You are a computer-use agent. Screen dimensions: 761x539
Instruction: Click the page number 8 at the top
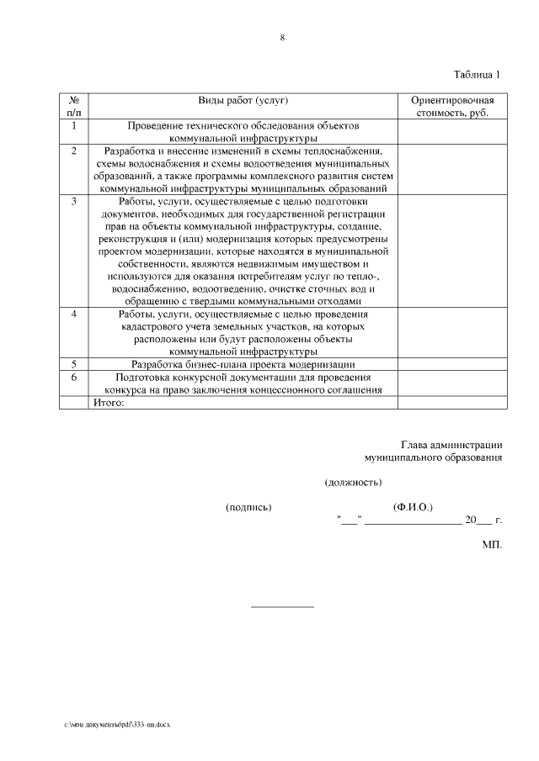282,37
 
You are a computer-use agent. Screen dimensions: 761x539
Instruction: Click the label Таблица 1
477,74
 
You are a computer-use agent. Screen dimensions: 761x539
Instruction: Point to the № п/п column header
74,106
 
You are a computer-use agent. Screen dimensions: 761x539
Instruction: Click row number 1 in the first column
74,125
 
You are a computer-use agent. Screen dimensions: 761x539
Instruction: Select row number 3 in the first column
74,201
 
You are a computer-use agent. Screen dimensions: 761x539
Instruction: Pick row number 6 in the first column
74,378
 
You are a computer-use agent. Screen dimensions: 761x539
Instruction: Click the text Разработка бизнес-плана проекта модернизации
243,364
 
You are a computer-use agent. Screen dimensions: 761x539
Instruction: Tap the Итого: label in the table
109,402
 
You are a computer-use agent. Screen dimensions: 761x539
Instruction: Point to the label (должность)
353,483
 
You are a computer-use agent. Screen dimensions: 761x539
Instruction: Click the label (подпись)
248,507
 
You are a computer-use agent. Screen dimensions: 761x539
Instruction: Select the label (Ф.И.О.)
413,507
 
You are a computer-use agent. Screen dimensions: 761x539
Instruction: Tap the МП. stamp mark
492,545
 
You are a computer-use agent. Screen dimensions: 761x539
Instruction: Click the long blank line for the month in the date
413,523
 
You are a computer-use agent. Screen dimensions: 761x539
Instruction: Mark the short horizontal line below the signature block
282,605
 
